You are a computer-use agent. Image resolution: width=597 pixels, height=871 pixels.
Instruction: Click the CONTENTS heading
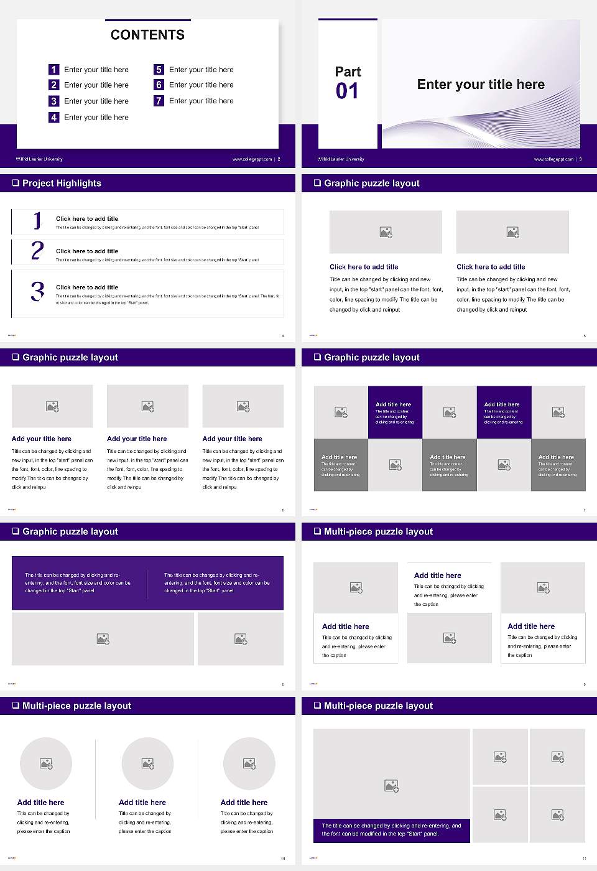[x=147, y=35]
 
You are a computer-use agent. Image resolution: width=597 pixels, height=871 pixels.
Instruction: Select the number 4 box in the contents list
[x=54, y=117]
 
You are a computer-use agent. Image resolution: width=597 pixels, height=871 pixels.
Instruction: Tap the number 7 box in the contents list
[x=159, y=101]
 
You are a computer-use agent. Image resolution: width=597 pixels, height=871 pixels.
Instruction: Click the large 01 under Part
[x=347, y=91]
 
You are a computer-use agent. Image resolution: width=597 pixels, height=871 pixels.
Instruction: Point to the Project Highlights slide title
[x=62, y=183]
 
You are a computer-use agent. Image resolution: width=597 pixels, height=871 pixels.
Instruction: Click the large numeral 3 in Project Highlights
[x=37, y=291]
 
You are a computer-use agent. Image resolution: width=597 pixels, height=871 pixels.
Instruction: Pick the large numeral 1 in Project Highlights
[x=37, y=220]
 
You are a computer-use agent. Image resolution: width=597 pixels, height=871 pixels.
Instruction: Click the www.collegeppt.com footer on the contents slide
[x=252, y=159]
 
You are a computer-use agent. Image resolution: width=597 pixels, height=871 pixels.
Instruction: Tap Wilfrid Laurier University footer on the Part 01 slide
[x=341, y=159]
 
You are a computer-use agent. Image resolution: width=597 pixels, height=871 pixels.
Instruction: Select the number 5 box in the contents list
[x=159, y=70]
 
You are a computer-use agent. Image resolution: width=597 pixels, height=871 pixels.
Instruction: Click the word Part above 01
[x=348, y=72]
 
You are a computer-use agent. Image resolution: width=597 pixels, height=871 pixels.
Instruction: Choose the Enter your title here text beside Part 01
[x=481, y=85]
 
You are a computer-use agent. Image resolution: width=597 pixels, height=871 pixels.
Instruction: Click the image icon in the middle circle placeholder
[x=147, y=763]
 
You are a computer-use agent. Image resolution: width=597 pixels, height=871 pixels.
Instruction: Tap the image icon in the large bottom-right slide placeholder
[x=391, y=786]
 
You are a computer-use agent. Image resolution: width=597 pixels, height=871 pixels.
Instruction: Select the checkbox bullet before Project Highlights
[x=16, y=183]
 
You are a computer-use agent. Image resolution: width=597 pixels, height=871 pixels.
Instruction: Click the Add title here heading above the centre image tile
[x=438, y=575]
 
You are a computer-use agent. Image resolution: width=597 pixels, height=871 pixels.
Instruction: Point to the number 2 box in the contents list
[x=54, y=85]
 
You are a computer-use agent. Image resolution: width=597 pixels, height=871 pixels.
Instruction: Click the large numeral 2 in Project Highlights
[x=37, y=251]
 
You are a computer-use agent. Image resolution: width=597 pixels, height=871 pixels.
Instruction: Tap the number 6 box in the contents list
[x=159, y=85]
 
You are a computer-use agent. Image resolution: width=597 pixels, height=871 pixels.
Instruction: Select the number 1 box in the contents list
[x=54, y=70]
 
